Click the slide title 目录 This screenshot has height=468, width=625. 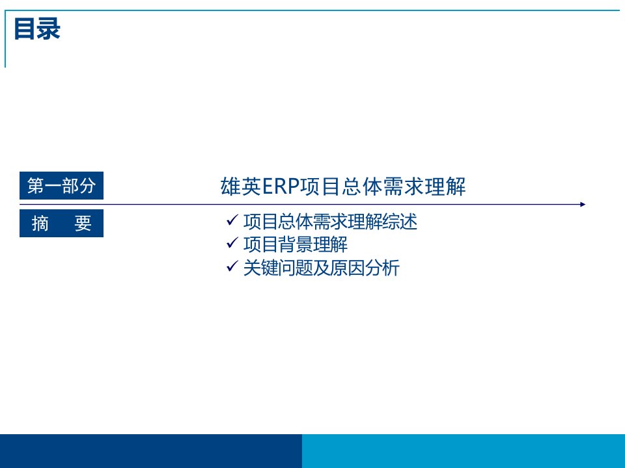coord(37,29)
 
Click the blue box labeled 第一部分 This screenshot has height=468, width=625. coord(61,185)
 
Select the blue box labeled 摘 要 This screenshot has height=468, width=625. coord(61,223)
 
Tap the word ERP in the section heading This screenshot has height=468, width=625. coord(281,187)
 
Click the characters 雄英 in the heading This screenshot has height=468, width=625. coord(241,187)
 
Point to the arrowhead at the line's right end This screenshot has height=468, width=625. coord(583,205)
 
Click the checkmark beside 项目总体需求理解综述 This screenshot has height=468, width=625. coord(232,220)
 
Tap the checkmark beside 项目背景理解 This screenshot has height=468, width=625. coord(232,242)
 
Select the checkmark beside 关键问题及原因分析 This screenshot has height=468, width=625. coord(232,266)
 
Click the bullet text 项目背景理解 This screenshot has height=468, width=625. coord(296,244)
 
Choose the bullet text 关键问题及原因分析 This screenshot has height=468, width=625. coord(321,267)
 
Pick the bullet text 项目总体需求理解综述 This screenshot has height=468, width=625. coord(331,221)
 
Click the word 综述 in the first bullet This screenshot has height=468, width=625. coord(400,221)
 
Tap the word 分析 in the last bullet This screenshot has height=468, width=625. coord(382,267)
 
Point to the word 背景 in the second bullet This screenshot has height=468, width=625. coord(296,244)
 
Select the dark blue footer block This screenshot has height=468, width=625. coord(151,451)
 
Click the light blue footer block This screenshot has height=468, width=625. coord(464,451)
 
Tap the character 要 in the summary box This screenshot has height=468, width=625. coord(83,223)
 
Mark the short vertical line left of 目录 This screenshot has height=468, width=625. coord(5,39)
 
